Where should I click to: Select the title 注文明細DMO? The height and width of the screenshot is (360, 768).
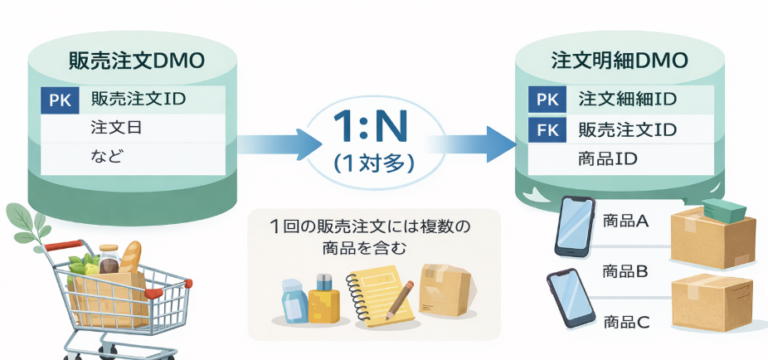tap(619, 61)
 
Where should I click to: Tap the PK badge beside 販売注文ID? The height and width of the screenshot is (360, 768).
tap(60, 100)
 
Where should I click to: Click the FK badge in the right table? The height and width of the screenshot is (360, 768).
tap(547, 129)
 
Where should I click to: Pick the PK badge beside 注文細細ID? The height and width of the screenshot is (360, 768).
tap(547, 100)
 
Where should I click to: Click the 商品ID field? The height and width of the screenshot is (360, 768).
tap(607, 158)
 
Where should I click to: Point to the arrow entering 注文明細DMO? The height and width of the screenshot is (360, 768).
tap(473, 144)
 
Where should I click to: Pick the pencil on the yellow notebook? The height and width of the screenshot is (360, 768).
tap(400, 301)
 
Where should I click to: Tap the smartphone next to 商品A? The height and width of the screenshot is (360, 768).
tap(575, 226)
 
